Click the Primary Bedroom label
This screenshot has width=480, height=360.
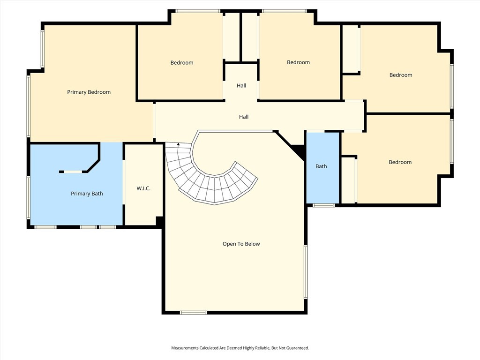click(89, 92)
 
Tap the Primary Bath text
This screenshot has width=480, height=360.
click(87, 194)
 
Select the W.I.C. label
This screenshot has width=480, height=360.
click(143, 188)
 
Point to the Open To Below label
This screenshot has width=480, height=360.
click(241, 244)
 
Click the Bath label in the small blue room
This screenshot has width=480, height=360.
click(321, 166)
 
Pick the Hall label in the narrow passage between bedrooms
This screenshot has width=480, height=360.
click(241, 86)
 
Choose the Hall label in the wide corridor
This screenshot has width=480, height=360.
click(243, 117)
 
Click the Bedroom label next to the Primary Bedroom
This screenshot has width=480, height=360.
click(181, 63)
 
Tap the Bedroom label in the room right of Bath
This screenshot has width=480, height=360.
click(400, 162)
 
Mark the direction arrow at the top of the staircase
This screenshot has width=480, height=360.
click(178, 145)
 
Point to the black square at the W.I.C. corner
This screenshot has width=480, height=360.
click(159, 221)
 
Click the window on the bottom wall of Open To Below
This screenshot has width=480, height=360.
click(193, 312)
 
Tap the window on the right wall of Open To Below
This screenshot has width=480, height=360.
click(306, 272)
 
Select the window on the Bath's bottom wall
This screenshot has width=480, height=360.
click(323, 205)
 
